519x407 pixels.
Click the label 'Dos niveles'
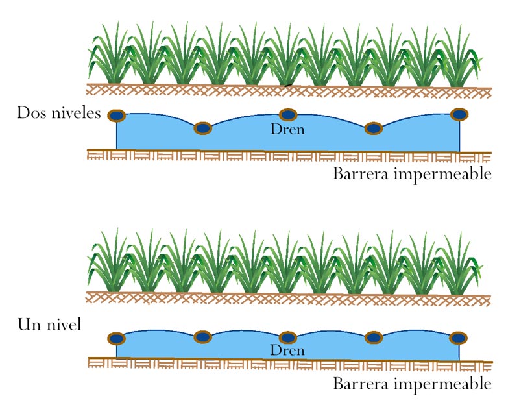click(x=59, y=114)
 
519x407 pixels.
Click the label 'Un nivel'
click(x=50, y=324)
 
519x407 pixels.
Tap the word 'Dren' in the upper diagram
click(x=287, y=130)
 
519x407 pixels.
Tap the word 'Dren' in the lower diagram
click(x=287, y=351)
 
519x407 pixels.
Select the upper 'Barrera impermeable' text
click(x=412, y=174)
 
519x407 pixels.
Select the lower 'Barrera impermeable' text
click(x=412, y=384)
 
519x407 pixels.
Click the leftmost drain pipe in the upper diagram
click(x=117, y=116)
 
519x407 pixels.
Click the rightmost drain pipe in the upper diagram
click(x=459, y=114)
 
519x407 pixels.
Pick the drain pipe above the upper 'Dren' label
click(x=287, y=115)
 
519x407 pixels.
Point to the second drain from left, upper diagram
click(x=203, y=129)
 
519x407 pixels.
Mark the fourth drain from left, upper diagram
click(x=373, y=129)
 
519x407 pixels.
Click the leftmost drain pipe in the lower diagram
click(x=117, y=338)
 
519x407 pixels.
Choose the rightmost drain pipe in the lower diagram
click(x=459, y=338)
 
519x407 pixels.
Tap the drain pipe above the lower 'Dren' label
click(x=287, y=338)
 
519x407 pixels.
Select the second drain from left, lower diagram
click(x=203, y=336)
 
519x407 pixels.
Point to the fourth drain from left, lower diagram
click(x=373, y=337)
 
